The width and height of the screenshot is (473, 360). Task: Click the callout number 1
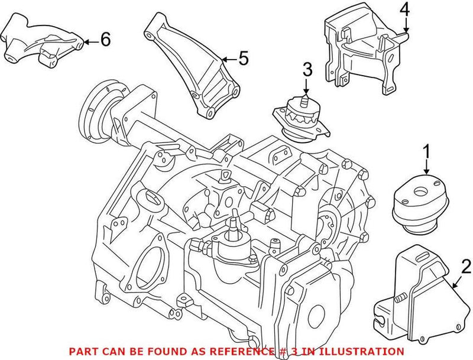click(x=425, y=153)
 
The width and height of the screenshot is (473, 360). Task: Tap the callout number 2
click(x=466, y=266)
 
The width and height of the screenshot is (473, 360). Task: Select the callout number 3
click(x=306, y=70)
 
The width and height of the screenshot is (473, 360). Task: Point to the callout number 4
click(x=404, y=9)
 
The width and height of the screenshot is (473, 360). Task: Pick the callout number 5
click(x=244, y=58)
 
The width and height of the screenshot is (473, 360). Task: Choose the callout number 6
click(x=105, y=40)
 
